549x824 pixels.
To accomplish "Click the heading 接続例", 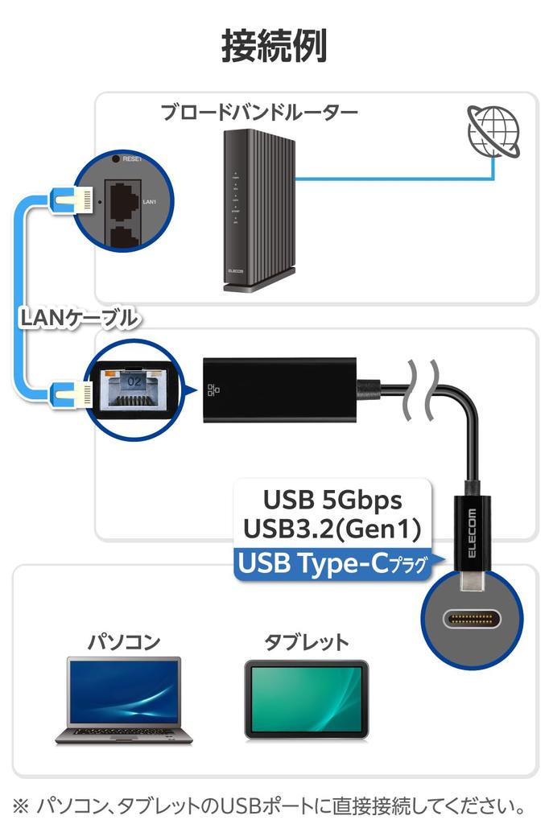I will tap(274, 47).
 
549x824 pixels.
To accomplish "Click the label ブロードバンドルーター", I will tap(258, 113).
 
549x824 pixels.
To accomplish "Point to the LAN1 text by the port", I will tap(149, 203).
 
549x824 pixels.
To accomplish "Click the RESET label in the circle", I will tap(132, 159).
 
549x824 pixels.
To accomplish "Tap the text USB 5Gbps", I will tap(332, 500).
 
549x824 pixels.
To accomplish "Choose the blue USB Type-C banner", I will tap(332, 564).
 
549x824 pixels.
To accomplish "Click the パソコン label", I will tap(123, 641).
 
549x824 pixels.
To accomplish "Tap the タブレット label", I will tap(307, 641).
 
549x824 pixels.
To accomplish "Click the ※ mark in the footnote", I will tap(22, 804).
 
